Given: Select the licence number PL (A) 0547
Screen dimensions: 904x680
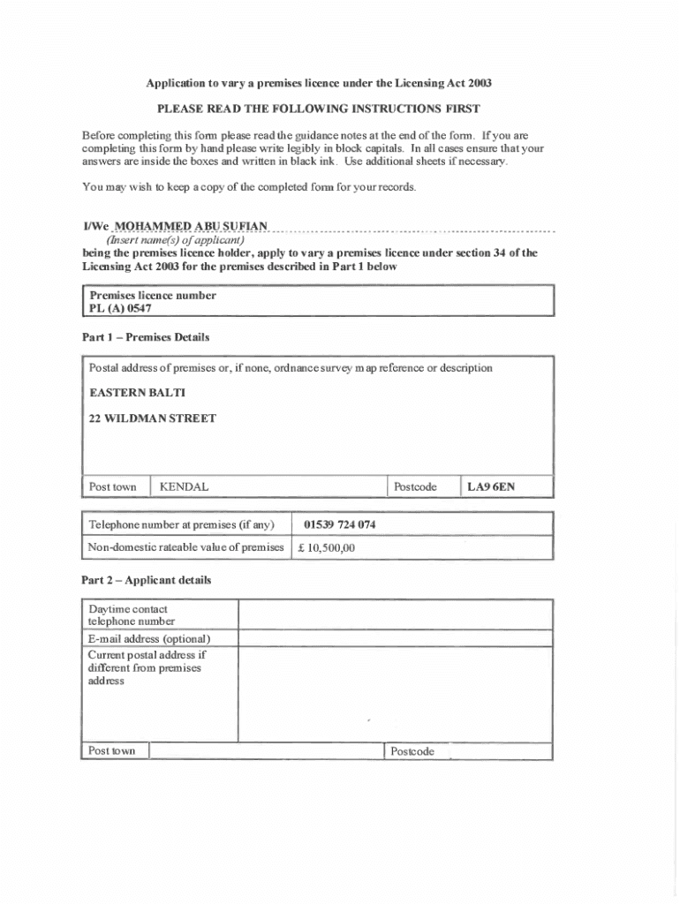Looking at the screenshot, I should [120, 309].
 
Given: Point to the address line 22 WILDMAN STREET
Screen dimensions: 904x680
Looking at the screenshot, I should [153, 418].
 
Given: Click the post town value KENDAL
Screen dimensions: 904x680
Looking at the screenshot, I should [185, 486].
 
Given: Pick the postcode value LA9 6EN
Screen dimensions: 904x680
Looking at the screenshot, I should [491, 486].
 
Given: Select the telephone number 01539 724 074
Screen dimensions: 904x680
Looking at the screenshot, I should [340, 524].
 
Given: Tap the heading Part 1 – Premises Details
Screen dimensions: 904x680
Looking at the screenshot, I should [145, 337].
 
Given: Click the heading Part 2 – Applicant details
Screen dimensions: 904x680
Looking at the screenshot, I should [146, 580].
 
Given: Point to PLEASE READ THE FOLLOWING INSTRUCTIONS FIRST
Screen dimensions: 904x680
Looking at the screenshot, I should [318, 109].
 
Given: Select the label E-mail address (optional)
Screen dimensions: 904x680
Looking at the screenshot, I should [149, 638].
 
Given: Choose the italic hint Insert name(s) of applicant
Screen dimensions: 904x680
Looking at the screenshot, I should [175, 239].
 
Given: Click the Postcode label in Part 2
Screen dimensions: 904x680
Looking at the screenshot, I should [412, 751].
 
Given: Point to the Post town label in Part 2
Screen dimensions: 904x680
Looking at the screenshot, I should [112, 751].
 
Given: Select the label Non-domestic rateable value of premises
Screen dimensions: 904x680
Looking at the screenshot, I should [185, 548].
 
